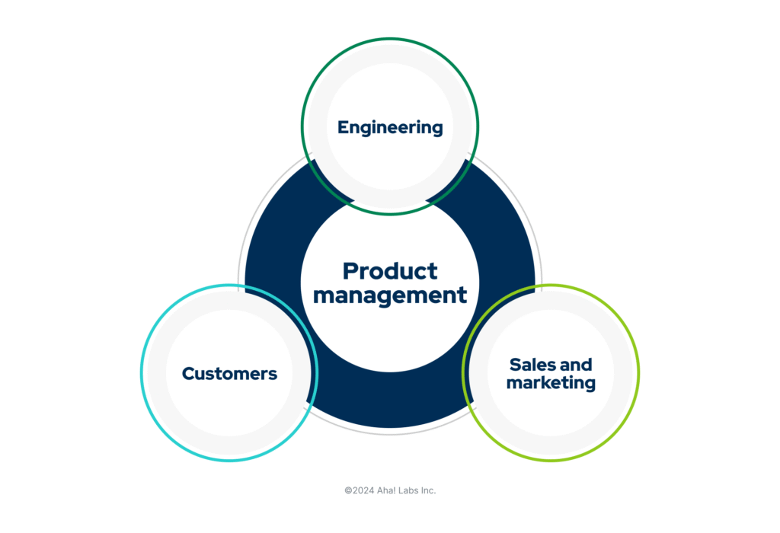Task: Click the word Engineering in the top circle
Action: coord(390,128)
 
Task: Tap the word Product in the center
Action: coord(390,270)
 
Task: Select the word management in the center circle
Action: coord(390,295)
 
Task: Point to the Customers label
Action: coord(229,374)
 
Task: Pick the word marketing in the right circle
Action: coord(551,383)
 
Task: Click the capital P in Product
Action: coord(350,270)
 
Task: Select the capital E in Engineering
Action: coord(343,127)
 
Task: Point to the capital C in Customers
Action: coord(188,374)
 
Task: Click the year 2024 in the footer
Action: coord(363,490)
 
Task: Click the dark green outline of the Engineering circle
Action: coord(390,39)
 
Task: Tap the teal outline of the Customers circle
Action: coord(142,373)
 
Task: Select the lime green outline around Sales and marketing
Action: coord(638,373)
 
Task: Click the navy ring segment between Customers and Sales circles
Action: coord(390,404)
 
